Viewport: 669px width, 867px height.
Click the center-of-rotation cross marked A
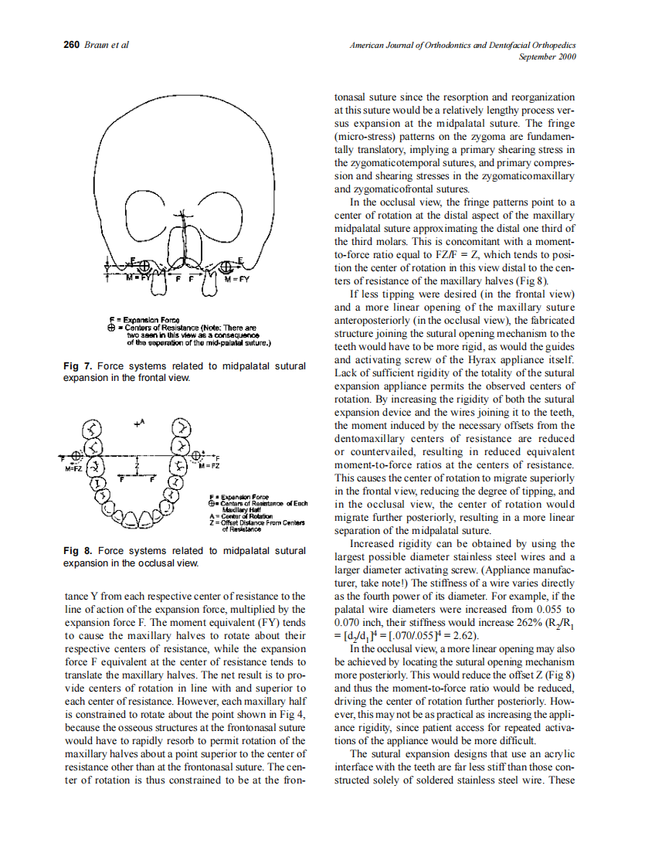click(137, 424)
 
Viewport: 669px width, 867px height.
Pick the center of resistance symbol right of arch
click(197, 454)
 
